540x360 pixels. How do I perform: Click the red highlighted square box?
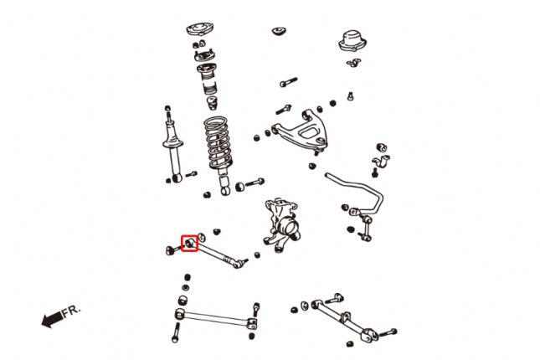(190, 243)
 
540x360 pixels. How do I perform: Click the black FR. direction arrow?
(52, 320)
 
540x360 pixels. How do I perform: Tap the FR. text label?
(71, 311)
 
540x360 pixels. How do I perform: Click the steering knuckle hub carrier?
(281, 224)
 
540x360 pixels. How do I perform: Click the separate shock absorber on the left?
(172, 145)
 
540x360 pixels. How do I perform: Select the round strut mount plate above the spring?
(200, 29)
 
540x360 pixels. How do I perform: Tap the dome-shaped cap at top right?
(352, 41)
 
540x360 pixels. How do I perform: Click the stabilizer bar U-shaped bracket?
(381, 161)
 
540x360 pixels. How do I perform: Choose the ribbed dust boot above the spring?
(208, 80)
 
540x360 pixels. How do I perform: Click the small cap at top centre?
(280, 31)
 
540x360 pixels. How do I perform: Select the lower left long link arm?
(216, 318)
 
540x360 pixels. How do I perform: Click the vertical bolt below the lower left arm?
(176, 332)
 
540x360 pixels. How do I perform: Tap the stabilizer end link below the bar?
(366, 228)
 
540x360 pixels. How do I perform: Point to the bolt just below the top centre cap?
(289, 82)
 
